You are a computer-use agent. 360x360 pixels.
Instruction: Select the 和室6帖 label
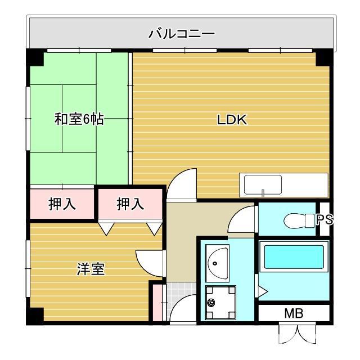79,120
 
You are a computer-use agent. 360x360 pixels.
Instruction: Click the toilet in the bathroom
299,220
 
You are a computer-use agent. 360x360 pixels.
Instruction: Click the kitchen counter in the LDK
283,184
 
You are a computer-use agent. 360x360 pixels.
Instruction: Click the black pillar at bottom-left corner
35,316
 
